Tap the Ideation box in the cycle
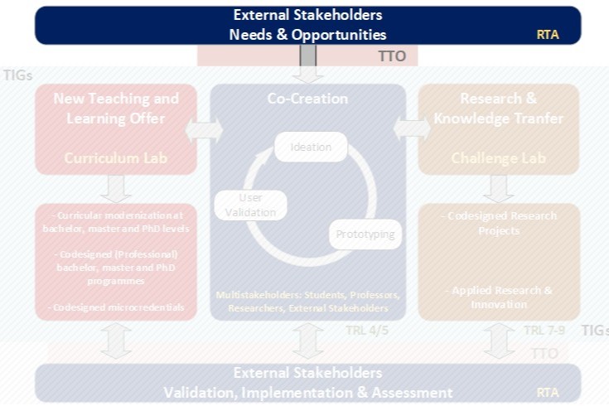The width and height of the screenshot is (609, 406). [311, 147]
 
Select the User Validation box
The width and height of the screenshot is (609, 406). [250, 205]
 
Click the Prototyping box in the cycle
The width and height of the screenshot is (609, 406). [365, 234]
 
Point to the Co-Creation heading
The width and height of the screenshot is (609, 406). [307, 99]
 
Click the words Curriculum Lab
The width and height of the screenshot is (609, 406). [116, 157]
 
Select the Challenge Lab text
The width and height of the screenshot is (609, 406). [499, 157]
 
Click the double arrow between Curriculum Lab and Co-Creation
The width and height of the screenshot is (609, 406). [204, 129]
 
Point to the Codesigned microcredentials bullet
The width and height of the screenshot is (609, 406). [116, 308]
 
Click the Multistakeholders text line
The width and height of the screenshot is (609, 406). [307, 302]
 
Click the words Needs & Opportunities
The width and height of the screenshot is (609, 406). [307, 35]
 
